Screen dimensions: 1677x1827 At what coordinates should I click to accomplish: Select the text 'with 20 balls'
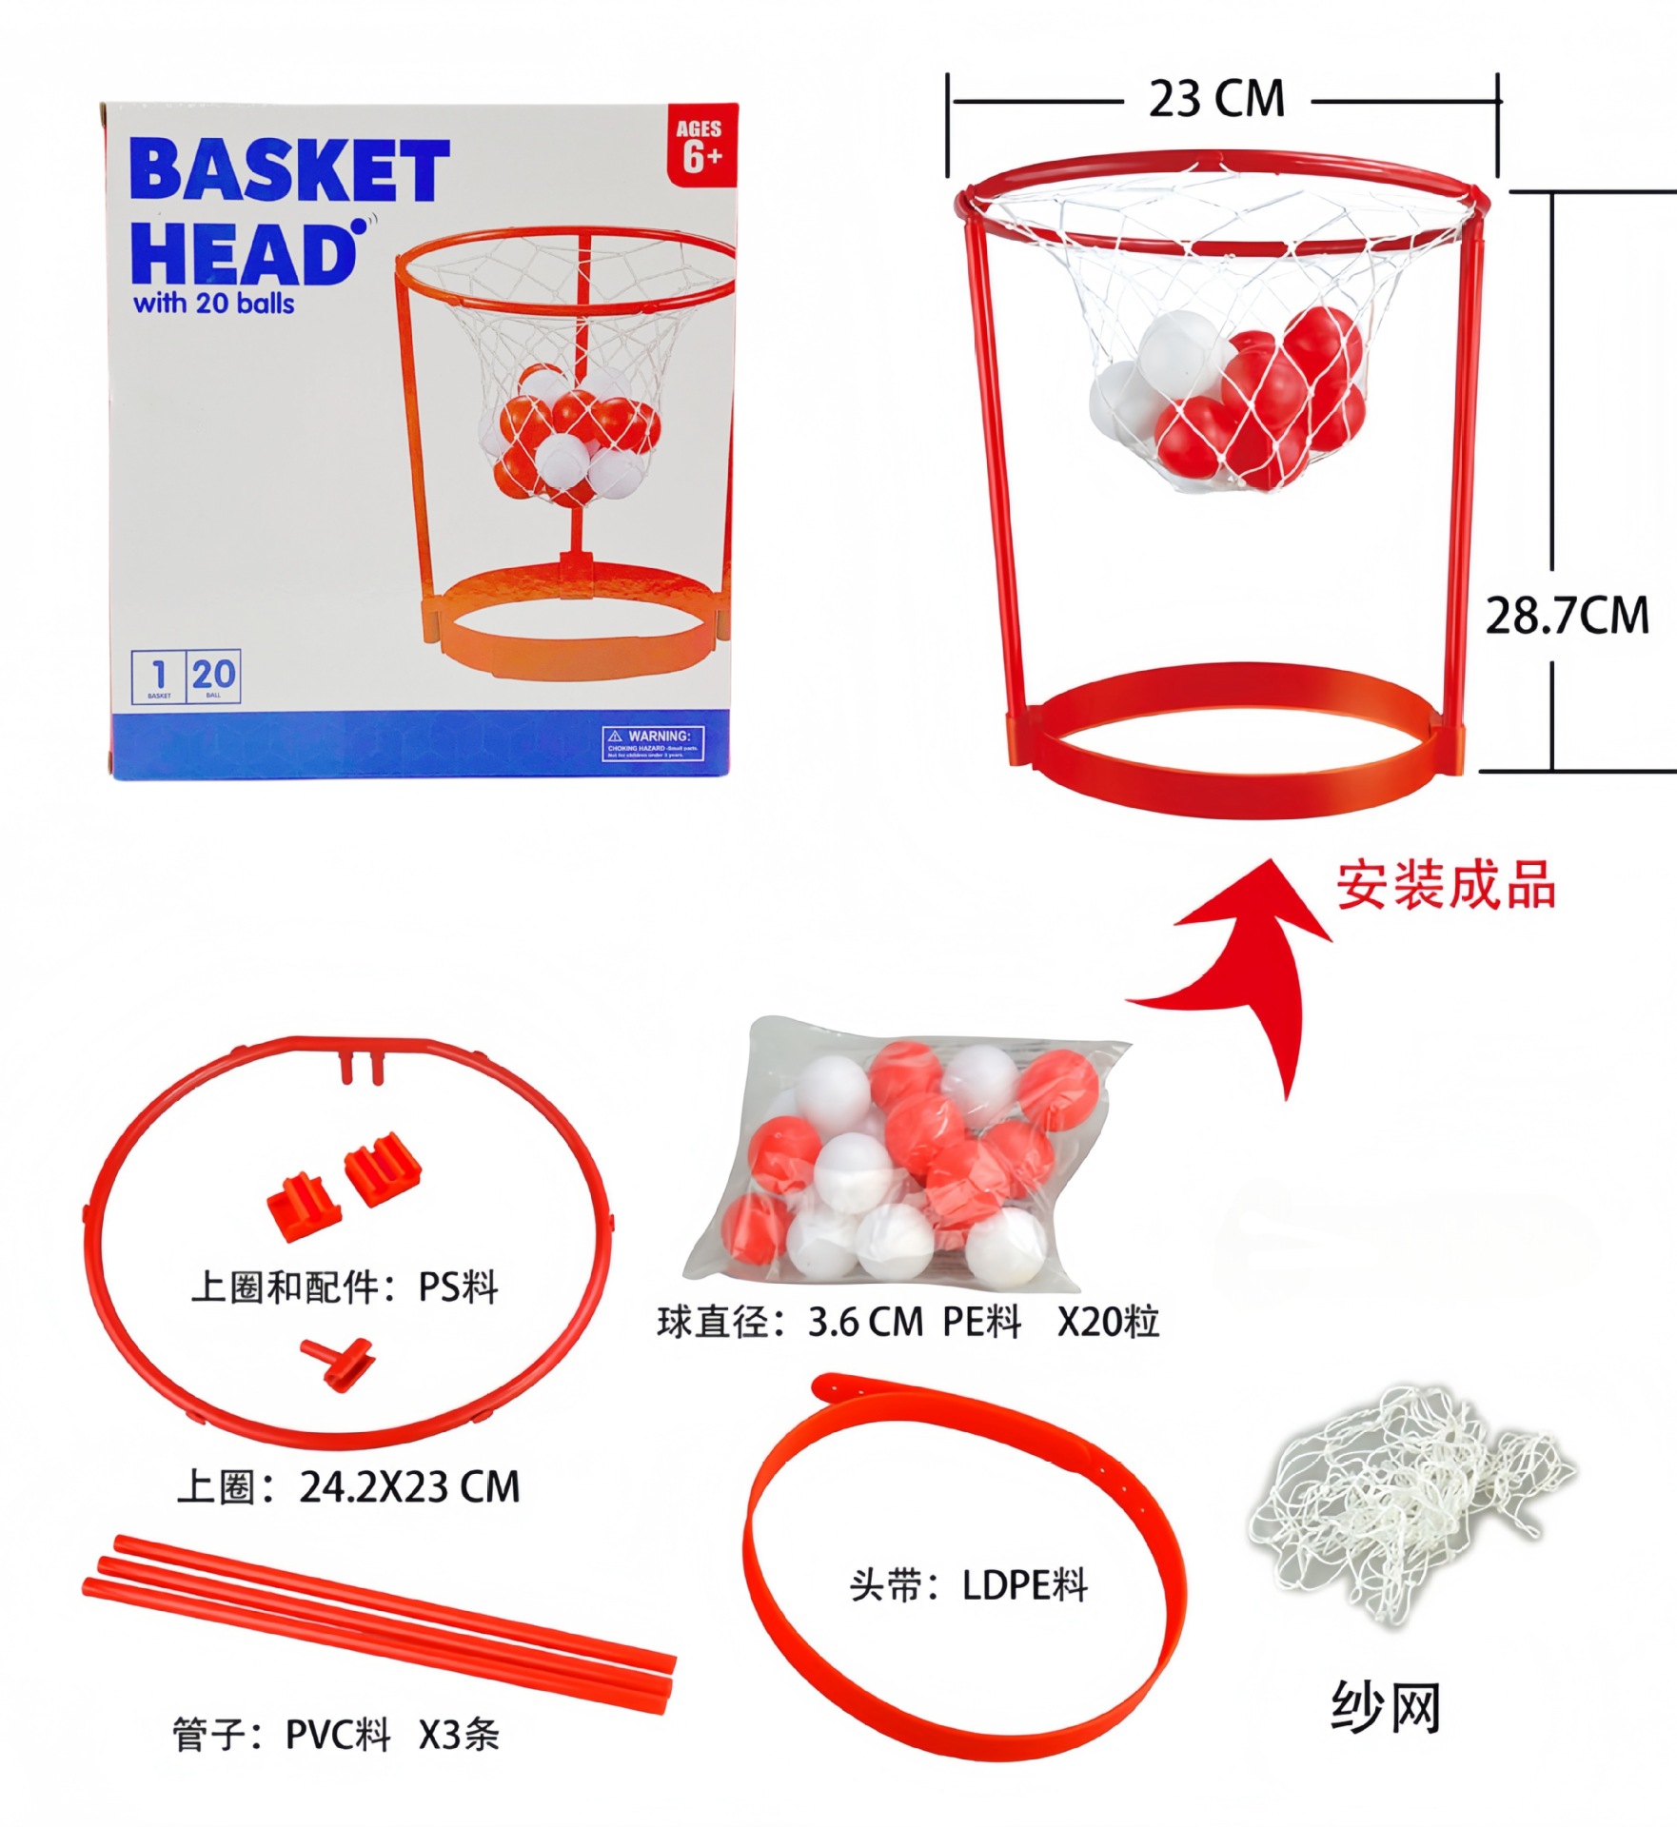coord(214,304)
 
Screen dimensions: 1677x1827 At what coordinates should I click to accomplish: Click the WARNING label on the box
coord(653,743)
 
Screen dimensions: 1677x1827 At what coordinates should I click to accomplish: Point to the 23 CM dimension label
coord(1216,99)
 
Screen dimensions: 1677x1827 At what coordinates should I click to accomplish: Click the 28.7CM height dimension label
coord(1567,615)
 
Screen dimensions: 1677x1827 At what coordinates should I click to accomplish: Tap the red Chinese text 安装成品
coord(1445,886)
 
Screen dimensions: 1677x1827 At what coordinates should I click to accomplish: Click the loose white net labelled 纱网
coord(1409,1503)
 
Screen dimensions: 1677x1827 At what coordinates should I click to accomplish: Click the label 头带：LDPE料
coord(968,1585)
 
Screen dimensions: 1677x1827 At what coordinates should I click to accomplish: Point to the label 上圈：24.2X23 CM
coord(348,1486)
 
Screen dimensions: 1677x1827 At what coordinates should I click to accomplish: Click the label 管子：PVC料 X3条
coord(335,1734)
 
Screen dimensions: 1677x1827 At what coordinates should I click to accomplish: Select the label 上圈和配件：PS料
coord(345,1287)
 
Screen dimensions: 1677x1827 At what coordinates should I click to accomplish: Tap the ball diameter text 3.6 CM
coord(865,1322)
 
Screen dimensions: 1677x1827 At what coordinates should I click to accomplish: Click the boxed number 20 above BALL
coord(213,675)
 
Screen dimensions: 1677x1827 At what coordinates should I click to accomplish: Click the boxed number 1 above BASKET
coord(159,675)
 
